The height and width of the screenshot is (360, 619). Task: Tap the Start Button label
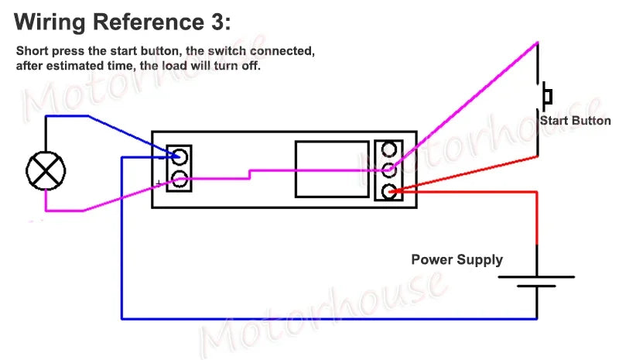575,121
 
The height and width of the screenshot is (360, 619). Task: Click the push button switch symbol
547,96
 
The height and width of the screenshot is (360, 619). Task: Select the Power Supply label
457,259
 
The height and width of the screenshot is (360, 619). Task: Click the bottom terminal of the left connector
179,180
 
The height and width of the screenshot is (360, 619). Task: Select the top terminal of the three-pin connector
387,149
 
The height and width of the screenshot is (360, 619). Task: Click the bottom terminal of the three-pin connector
387,190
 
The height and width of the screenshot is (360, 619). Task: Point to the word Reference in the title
147,20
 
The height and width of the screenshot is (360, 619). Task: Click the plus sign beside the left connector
159,183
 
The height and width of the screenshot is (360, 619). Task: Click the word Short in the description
32,52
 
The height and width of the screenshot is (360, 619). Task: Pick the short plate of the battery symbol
536,286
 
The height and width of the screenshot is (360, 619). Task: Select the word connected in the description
283,52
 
